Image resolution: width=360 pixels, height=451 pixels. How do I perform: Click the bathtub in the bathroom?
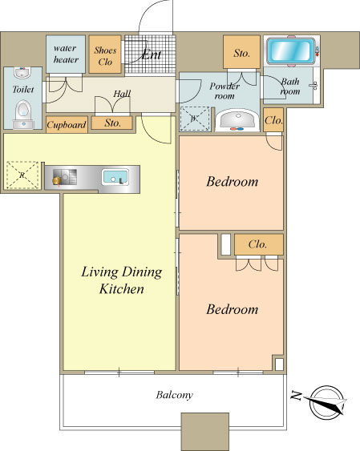(289, 50)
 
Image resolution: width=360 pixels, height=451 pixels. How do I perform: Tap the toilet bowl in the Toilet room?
(23, 111)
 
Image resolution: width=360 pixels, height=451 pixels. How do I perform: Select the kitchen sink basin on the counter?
(115, 177)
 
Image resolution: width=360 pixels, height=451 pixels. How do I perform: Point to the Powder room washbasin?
(237, 119)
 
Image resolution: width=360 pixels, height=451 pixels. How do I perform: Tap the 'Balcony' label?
(175, 395)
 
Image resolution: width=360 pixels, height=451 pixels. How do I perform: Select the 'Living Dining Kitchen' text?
(121, 280)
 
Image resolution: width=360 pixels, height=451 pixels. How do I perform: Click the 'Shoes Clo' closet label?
(105, 56)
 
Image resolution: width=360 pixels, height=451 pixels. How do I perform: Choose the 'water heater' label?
(66, 54)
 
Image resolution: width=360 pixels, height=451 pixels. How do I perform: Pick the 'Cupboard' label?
(67, 125)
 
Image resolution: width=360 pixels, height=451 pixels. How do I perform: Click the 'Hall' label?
(122, 94)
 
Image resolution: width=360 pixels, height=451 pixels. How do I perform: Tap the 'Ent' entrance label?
(151, 54)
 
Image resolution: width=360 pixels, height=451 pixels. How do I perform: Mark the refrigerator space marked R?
(22, 175)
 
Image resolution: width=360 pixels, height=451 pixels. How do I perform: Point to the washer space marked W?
(195, 119)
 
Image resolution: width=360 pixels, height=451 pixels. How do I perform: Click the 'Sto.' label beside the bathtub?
(241, 53)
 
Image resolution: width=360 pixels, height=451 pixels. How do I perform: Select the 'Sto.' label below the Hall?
(112, 123)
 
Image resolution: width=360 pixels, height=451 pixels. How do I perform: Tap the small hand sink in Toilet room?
(22, 74)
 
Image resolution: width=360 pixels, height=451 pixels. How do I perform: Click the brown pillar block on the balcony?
(205, 432)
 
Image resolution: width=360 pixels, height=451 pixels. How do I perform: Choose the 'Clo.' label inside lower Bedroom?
(257, 244)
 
